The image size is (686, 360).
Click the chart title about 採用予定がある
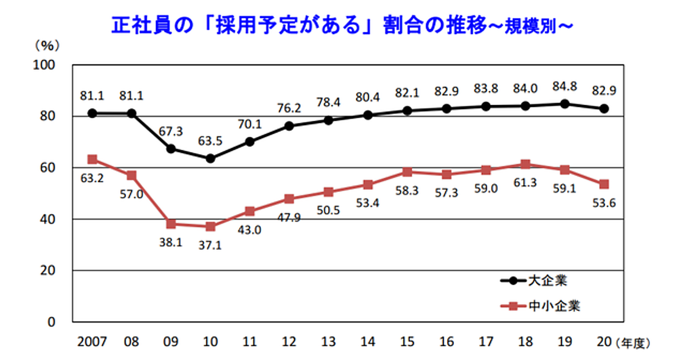341,26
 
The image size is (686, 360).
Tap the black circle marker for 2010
210,158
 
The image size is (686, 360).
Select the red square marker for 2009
171,223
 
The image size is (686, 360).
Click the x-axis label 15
407,343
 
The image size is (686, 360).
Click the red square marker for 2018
525,164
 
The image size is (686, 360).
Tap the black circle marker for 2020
604,109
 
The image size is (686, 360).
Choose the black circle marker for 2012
289,126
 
